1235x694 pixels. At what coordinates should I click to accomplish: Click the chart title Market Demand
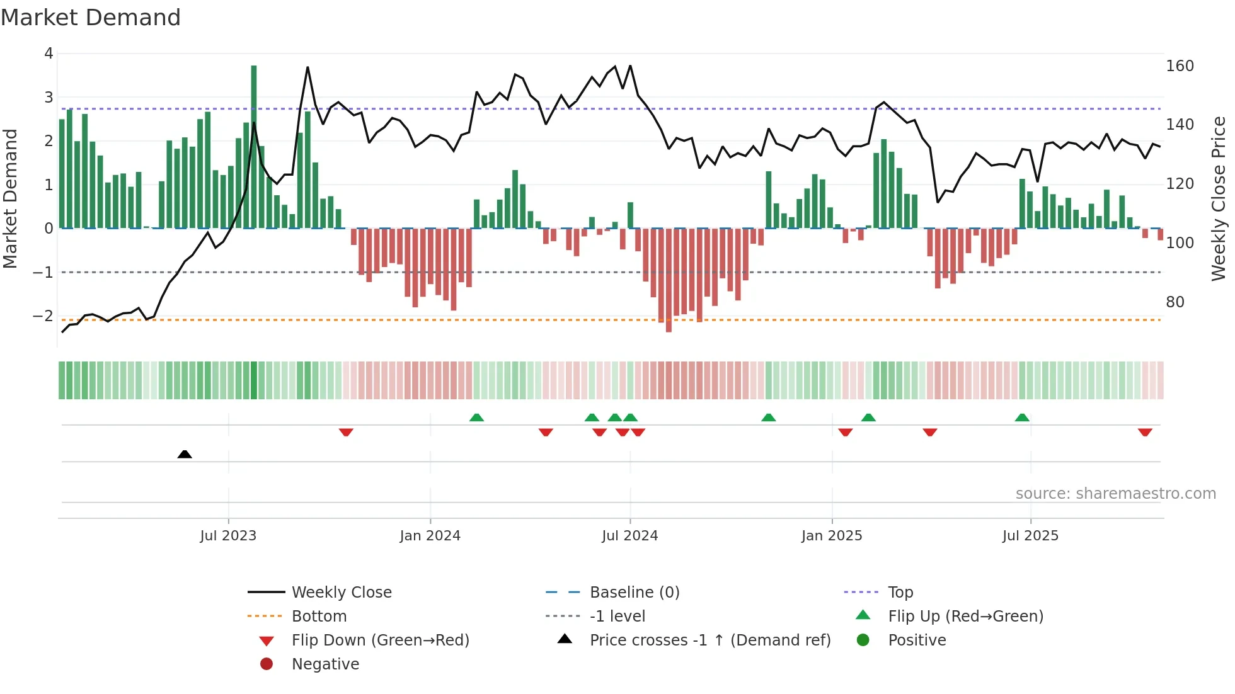point(91,18)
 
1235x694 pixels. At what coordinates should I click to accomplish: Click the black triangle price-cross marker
point(185,454)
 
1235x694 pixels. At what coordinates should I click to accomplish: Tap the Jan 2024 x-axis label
point(430,536)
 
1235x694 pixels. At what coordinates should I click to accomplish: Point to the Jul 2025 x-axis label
point(1030,536)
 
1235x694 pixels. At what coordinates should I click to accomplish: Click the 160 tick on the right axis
point(1180,66)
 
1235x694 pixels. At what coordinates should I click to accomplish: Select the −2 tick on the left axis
point(43,316)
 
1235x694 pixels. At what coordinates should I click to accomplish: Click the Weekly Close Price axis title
point(1219,198)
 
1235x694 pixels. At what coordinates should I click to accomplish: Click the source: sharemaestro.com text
point(1115,494)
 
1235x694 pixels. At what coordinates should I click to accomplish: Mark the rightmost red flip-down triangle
point(1145,432)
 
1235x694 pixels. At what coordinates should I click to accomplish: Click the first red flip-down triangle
point(346,432)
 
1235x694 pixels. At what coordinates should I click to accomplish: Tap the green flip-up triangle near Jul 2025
point(1022,418)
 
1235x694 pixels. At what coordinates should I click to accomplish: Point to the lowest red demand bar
point(669,280)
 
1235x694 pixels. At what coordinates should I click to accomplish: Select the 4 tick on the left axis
point(49,54)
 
